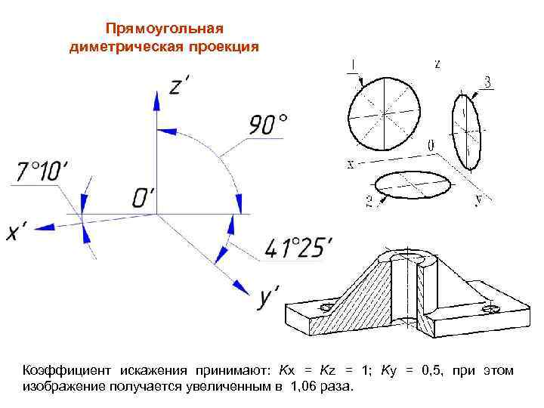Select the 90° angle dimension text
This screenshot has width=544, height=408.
point(268,125)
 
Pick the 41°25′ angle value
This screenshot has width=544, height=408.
point(298,247)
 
